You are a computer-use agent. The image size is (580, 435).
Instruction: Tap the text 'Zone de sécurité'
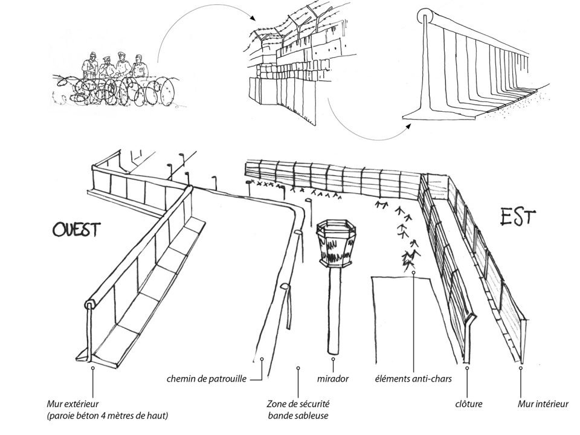(298, 403)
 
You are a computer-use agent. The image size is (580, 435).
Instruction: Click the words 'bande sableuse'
(298, 414)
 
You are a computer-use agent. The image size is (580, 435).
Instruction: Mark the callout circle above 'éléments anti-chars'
(413, 273)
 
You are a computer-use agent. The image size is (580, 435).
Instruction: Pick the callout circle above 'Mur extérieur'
(92, 366)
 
